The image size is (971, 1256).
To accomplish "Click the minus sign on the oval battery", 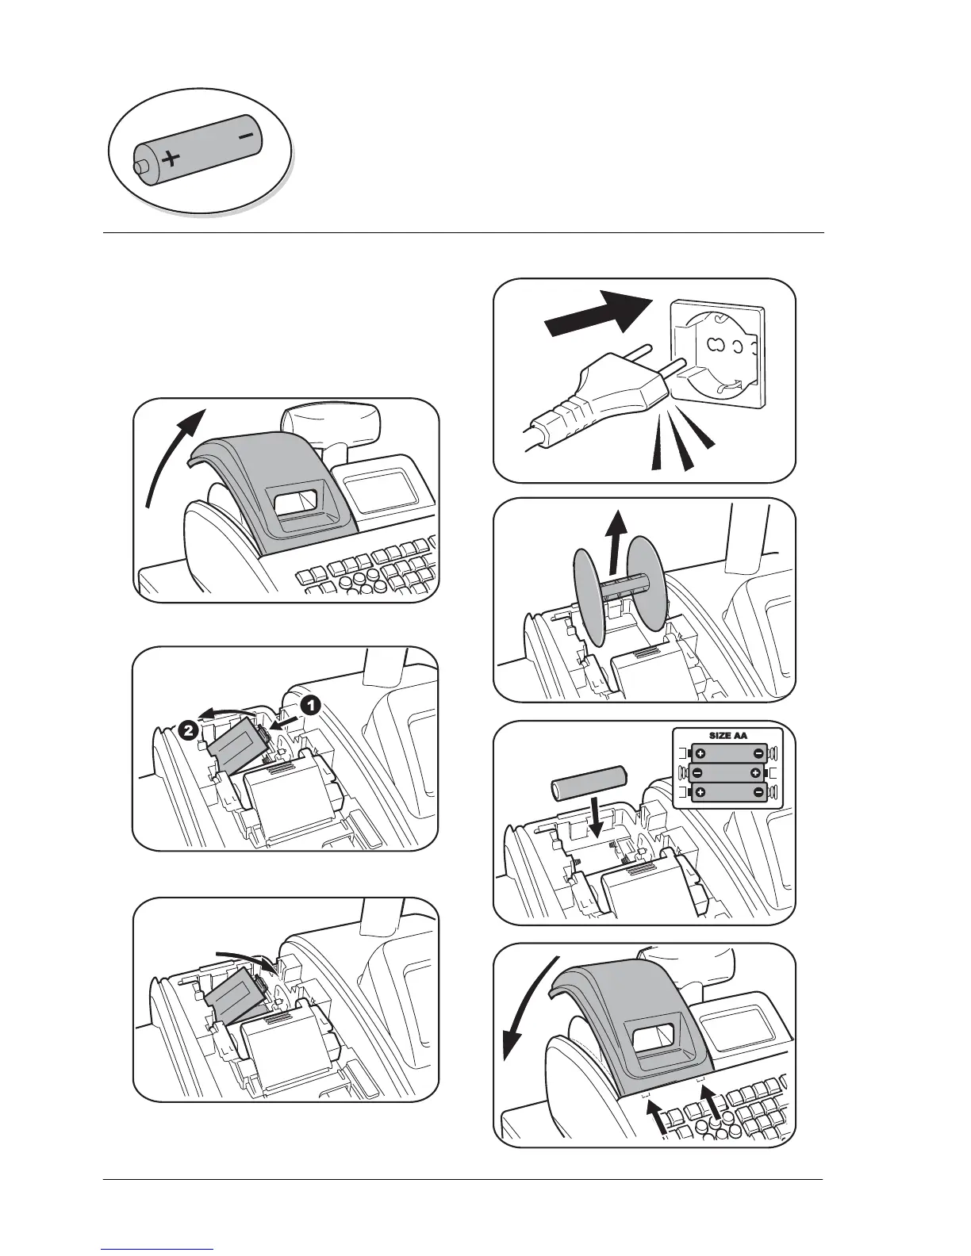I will coord(246,137).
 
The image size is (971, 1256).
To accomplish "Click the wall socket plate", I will coord(718,349).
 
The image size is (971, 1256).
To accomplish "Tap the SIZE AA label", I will coord(727,736).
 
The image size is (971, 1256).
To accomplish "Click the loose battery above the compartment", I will coord(588,781).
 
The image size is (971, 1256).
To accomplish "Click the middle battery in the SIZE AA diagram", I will coord(727,772).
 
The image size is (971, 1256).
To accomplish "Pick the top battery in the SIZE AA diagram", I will coord(727,753).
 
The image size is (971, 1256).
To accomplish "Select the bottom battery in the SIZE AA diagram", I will coord(727,792).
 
